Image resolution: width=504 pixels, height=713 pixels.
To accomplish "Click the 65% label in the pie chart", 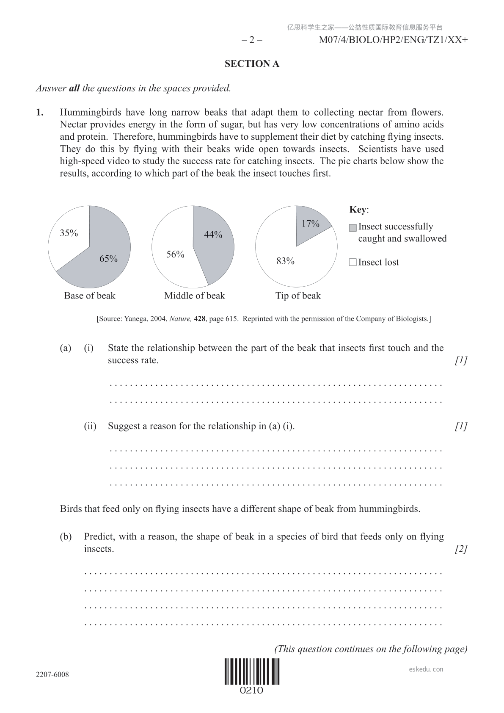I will pos(108,259).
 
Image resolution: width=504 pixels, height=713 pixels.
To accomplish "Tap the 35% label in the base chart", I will pos(69,233).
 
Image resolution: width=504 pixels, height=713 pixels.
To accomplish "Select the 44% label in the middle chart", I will pos(213,235).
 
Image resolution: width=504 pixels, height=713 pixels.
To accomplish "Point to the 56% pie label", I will pos(175,254).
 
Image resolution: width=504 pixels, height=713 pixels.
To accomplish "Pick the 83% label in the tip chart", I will pos(285,261).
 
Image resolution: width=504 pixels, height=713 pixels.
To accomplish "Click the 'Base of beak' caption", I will pos(89,296).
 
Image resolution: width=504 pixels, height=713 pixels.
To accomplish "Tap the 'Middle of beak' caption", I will pos(194,296).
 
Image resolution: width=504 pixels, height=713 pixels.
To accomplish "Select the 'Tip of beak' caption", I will pos(298,296).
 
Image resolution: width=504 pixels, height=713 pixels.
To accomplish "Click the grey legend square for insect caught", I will pos(353,228).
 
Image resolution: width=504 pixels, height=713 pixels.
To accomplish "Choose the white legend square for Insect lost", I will pos(353,263).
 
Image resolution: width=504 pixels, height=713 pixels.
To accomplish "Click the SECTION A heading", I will pos(252,64).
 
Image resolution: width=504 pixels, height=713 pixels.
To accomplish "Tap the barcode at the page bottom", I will pos(252,672).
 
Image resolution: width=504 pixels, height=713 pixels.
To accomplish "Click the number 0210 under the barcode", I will pos(252,691).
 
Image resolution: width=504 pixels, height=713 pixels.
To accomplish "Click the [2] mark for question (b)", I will pos(461,549).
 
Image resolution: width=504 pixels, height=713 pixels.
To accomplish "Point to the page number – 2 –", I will pos(252,40).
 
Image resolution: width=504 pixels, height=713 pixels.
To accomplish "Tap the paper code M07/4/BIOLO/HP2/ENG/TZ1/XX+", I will pos(393,40).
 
